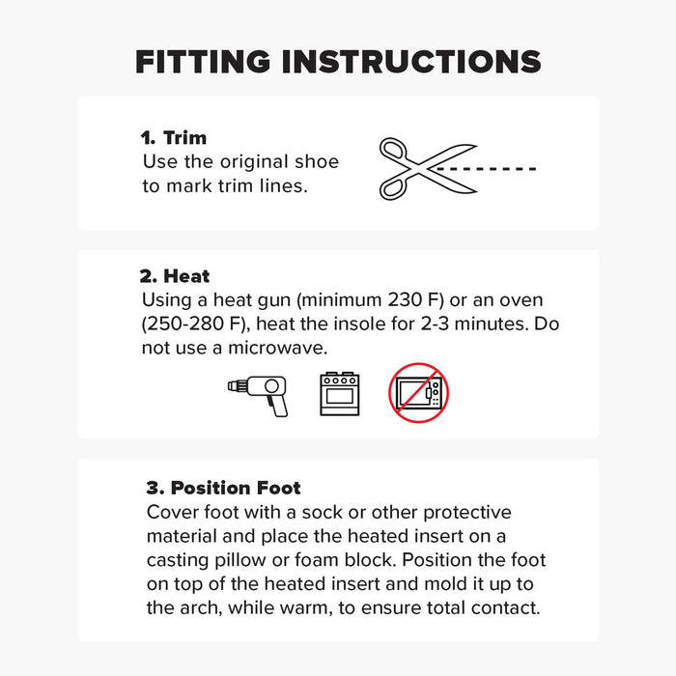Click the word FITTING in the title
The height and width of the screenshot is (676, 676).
point(203,61)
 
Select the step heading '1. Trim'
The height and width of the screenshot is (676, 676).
point(175,138)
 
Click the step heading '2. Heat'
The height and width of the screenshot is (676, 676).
point(176,276)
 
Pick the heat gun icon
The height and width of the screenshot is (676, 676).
point(258,394)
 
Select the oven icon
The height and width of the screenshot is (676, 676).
point(339,394)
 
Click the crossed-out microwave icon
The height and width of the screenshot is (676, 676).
point(419,393)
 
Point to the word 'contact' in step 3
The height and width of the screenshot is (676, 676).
point(497,608)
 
